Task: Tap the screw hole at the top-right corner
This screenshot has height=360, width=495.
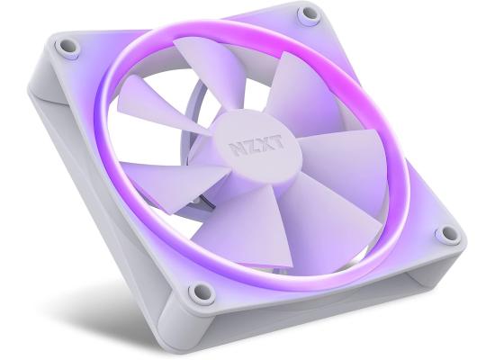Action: tap(309, 14)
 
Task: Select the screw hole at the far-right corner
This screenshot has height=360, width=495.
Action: tap(447, 234)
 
